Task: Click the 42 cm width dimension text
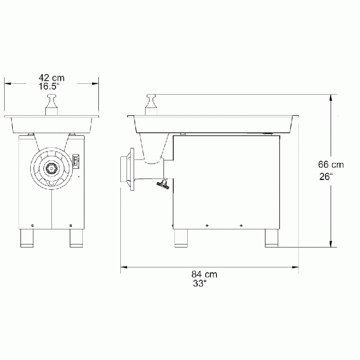[51, 77]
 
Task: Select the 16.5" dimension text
[51, 87]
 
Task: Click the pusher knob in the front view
[52, 105]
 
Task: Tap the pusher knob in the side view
[151, 105]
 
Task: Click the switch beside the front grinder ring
[77, 161]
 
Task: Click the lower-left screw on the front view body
[33, 225]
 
